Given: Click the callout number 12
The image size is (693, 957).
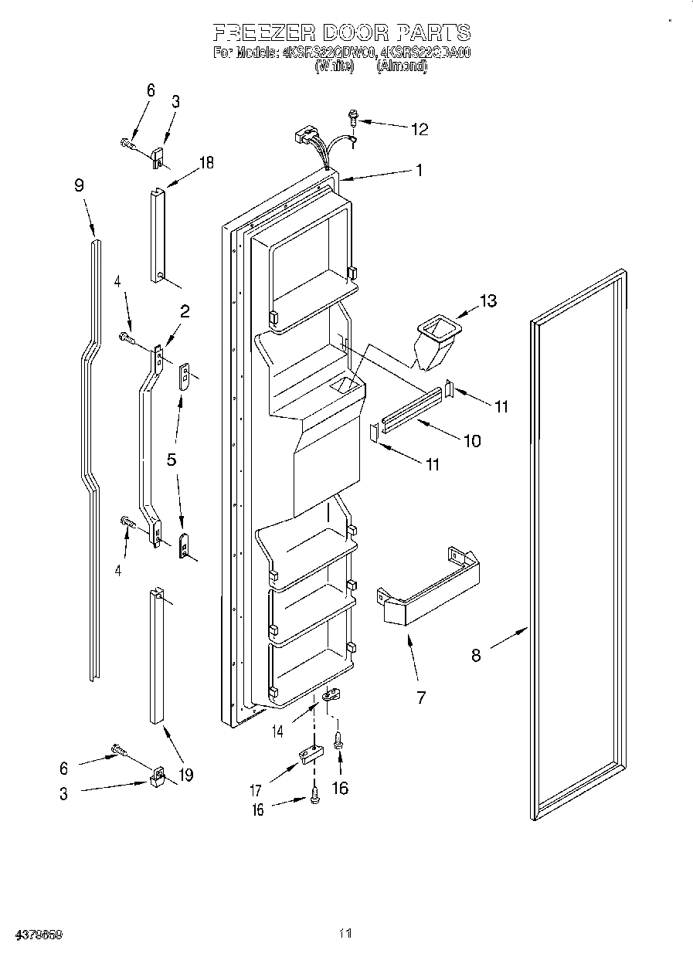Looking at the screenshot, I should (x=419, y=130).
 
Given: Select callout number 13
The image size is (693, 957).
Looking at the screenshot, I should (x=488, y=300).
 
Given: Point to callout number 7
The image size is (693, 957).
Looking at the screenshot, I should (x=421, y=697).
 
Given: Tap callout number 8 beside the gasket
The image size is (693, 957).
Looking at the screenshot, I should (x=476, y=656).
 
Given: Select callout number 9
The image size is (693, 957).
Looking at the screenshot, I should (x=80, y=185).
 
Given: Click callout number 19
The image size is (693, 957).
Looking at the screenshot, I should (x=185, y=774).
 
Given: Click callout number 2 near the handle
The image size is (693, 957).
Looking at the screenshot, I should (x=185, y=311).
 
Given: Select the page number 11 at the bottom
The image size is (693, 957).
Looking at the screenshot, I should (x=345, y=934).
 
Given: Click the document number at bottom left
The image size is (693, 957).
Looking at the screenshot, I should (x=32, y=934).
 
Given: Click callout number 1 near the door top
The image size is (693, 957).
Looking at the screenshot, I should (x=419, y=171).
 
